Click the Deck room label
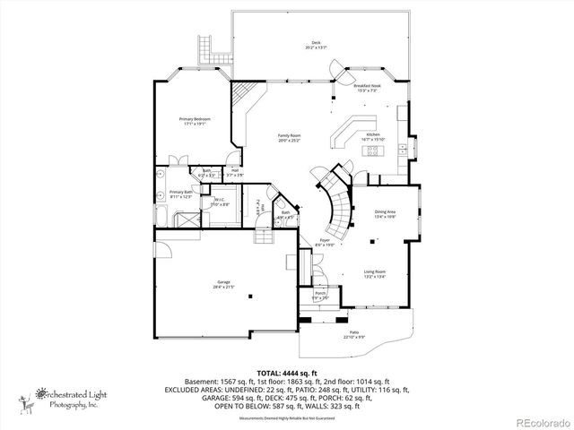[317, 44]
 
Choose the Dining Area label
[385, 213]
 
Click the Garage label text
[222, 284]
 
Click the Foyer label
[328, 242]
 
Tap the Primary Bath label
[182, 193]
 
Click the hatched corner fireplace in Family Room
[241, 93]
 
